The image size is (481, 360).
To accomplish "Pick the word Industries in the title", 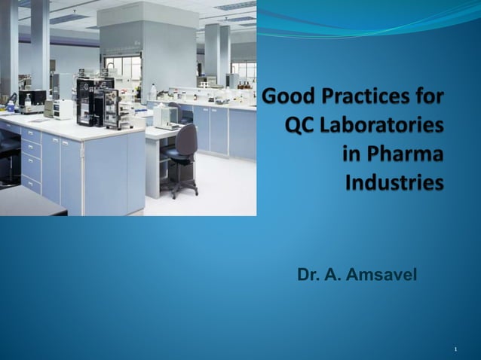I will [394, 182].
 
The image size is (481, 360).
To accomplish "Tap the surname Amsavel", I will [381, 276].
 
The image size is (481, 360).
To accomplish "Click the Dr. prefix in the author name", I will [308, 276].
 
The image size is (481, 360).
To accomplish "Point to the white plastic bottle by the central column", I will [152, 93].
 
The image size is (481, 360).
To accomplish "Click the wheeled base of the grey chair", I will [179, 189].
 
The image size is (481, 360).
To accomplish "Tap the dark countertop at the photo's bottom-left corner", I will [30, 201].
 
